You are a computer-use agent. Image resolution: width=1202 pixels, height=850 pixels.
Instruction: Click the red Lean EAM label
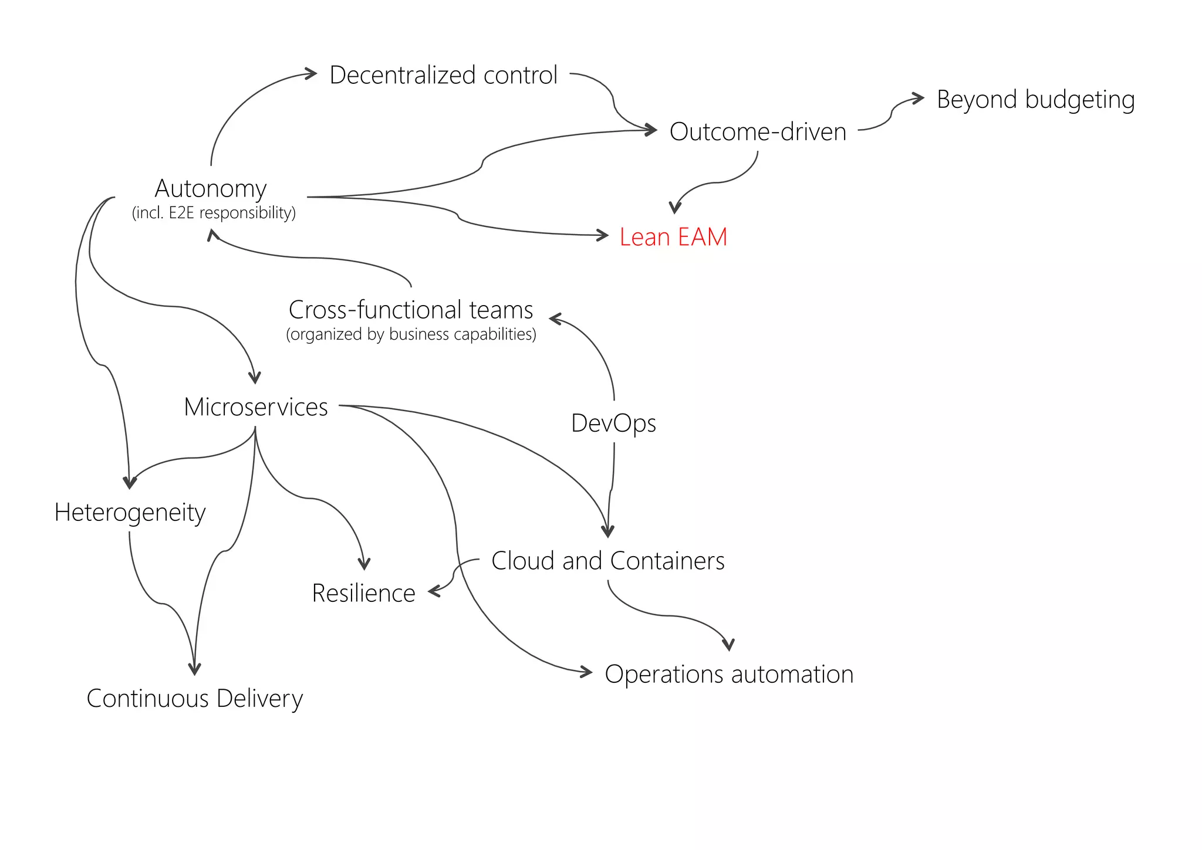tap(673, 237)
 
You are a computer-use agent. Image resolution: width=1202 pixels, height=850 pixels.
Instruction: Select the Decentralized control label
tap(443, 75)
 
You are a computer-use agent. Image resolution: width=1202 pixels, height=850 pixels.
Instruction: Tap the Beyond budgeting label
tap(1035, 99)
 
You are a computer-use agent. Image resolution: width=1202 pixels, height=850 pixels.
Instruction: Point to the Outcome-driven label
tap(758, 131)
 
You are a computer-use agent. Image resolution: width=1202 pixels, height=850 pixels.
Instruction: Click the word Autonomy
tap(211, 188)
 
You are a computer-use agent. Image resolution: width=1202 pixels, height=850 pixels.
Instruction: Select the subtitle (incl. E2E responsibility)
tap(214, 212)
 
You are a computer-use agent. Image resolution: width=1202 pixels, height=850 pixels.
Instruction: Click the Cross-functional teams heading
tap(411, 309)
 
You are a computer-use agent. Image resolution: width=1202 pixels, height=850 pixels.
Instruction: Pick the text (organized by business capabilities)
tap(411, 334)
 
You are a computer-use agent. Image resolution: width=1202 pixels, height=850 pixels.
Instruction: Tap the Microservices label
tap(255, 407)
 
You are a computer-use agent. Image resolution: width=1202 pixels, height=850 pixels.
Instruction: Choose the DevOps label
tap(613, 423)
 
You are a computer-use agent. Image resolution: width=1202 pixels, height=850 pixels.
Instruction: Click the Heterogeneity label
tap(130, 512)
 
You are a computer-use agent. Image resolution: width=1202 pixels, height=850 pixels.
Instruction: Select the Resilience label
tap(363, 593)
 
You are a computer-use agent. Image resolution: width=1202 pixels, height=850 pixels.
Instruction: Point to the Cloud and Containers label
tap(607, 561)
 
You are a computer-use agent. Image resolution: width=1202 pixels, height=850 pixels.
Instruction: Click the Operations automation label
tap(729, 674)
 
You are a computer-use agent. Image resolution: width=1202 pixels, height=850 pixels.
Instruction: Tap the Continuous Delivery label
tap(194, 698)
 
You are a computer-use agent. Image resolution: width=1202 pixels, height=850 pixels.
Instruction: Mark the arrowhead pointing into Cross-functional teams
tap(555, 319)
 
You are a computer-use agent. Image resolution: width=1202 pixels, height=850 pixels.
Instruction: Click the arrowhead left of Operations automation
tap(587, 672)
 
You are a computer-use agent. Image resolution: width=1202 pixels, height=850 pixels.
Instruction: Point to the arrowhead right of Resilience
tap(434, 591)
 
